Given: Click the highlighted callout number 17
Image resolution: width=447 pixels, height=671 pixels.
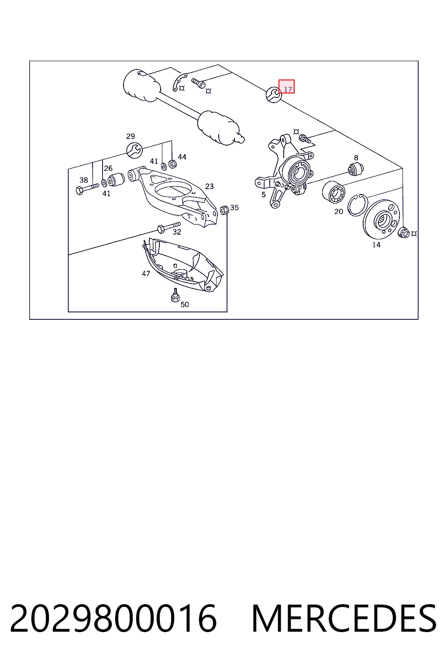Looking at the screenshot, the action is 288,90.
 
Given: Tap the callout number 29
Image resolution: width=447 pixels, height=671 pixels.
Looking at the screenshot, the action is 131,136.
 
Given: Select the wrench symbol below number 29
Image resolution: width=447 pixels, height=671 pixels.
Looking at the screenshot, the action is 134,150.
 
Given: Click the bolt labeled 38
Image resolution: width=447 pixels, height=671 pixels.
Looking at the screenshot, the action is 87,189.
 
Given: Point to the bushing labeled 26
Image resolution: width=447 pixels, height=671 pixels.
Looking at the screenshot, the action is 116,180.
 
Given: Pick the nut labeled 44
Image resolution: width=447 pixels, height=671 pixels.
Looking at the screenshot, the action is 172,164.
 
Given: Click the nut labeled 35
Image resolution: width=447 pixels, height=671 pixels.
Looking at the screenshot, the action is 224,210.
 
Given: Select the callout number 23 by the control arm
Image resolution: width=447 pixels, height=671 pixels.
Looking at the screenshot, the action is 209,187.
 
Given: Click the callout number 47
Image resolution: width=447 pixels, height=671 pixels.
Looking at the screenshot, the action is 146,273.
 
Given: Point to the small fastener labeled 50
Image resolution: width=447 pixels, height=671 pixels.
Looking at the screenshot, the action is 175,295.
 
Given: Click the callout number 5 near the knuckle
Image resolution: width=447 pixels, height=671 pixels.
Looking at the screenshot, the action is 264,195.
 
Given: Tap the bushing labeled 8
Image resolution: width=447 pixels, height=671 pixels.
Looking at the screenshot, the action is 355,169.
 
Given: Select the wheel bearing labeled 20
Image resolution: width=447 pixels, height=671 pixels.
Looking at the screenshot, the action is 334,192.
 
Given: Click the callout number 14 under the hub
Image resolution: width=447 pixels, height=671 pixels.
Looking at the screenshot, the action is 376,245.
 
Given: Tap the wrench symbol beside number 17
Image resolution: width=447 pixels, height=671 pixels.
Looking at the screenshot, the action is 274,95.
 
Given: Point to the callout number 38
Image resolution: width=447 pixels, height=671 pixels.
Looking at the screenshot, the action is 83,180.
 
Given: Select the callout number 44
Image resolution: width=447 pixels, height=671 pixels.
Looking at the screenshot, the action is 182,157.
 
